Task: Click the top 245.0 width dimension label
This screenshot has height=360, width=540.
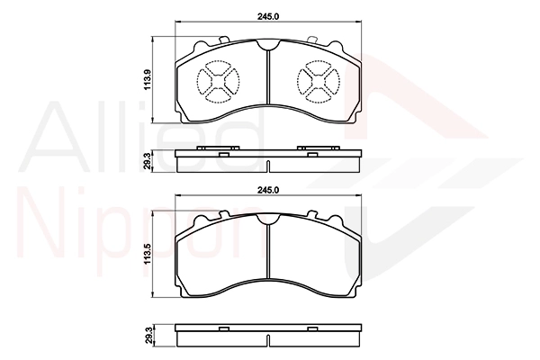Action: pos(268,16)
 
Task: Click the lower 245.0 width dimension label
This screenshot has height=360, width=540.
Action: pos(268,190)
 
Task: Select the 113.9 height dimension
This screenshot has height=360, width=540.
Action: pos(148,80)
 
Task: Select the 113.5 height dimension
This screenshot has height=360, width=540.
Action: pos(148,254)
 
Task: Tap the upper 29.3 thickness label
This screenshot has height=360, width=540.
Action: pos(148,161)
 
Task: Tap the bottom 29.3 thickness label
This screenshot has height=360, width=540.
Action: pos(148,335)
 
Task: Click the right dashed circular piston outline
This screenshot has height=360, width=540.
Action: pos(340,82)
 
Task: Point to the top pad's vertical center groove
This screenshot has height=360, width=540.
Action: pos(268,77)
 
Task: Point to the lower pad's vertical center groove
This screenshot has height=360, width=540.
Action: pos(268,251)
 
